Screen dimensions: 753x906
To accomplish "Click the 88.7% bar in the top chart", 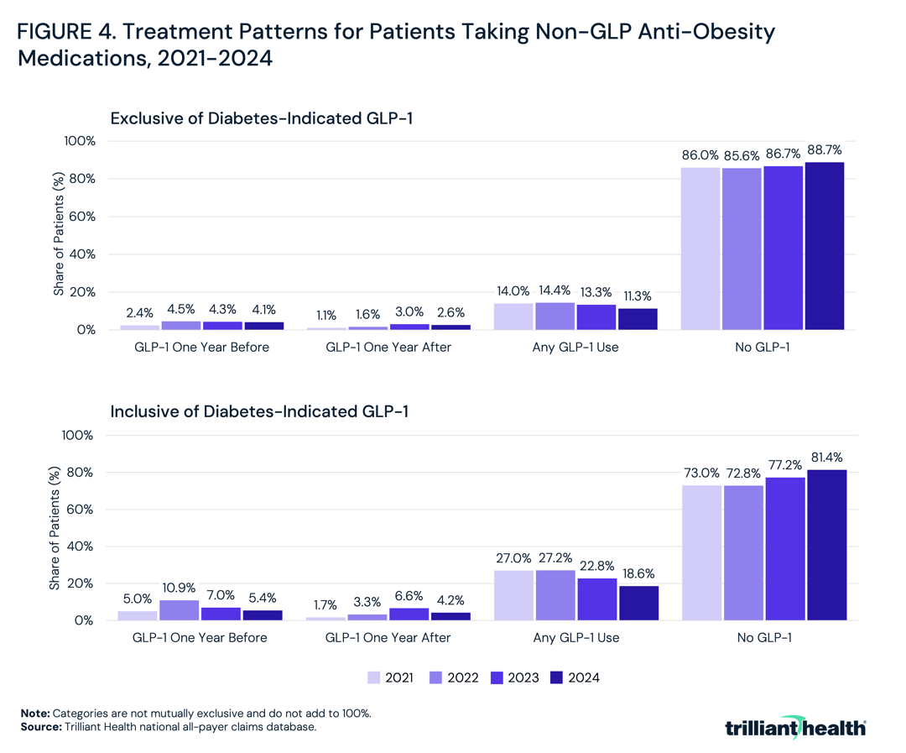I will click(825, 246).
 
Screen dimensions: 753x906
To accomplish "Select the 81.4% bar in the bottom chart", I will click(826, 545).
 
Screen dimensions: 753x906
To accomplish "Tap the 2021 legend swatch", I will click(374, 677).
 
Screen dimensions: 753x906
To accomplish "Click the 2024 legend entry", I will click(575, 677).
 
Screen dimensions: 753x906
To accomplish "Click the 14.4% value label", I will click(555, 290).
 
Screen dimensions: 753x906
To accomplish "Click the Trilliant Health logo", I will click(795, 726).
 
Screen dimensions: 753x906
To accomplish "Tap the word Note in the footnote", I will click(34, 713).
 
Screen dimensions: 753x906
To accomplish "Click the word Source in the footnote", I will click(41, 727).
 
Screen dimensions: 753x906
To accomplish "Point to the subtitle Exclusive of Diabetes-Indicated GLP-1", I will click(262, 118).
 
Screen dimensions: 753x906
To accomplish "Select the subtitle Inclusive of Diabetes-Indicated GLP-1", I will click(260, 411).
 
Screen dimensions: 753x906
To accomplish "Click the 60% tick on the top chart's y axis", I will click(83, 217).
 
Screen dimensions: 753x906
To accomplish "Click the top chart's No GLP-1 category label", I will click(763, 348).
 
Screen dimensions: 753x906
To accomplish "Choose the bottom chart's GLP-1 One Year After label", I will click(387, 637).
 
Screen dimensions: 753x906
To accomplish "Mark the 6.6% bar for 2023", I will click(409, 614).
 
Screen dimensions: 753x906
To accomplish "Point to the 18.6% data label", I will click(638, 574).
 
